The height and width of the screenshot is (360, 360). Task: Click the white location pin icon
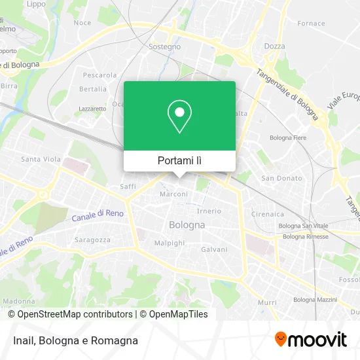[x=179, y=116]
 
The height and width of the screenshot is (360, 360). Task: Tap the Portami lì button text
[x=179, y=160]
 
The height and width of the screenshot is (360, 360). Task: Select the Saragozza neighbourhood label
[x=92, y=240]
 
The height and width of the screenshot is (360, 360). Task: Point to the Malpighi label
[x=170, y=243]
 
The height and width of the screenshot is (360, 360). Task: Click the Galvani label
[x=214, y=249]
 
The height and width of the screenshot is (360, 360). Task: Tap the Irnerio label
[x=209, y=211]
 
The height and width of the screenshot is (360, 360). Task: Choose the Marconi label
[x=174, y=194]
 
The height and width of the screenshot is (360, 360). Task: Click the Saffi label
[x=128, y=187]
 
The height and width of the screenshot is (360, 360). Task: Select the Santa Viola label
[x=41, y=159]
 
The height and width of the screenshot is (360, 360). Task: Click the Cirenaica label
[x=268, y=214]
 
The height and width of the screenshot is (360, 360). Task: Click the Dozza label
[x=274, y=46]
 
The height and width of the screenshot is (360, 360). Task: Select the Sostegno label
[x=165, y=46]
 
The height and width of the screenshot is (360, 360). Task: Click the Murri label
[x=267, y=302]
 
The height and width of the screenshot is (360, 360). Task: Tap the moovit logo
[x=310, y=340]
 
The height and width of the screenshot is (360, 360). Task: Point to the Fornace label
[x=311, y=24]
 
